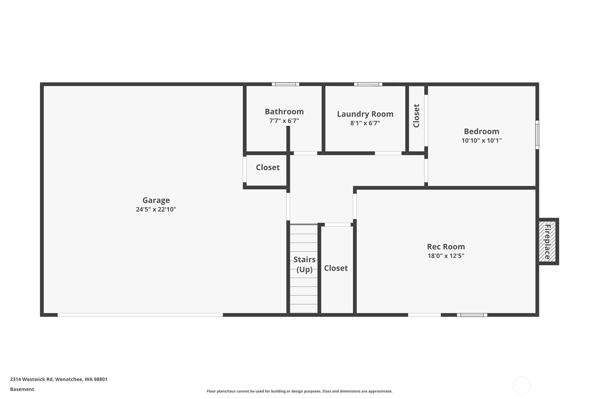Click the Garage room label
click(156, 200)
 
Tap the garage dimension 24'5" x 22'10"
click(156, 209)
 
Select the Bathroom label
click(284, 111)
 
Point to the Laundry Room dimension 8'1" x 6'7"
click(365, 123)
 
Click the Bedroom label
click(481, 131)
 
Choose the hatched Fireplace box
click(547, 242)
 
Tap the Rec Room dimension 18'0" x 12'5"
click(446, 256)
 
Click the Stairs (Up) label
click(304, 264)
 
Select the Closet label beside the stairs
click(336, 268)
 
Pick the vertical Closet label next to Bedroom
click(416, 116)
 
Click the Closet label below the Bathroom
click(268, 167)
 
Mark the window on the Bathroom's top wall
click(286, 84)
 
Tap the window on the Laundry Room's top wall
click(368, 84)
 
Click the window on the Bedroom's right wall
click(537, 134)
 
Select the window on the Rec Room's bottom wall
click(472, 315)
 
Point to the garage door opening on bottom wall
click(140, 315)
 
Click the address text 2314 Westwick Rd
click(59, 379)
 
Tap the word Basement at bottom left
click(22, 389)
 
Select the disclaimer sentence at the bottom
click(299, 391)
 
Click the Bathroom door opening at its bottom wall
click(305, 153)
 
